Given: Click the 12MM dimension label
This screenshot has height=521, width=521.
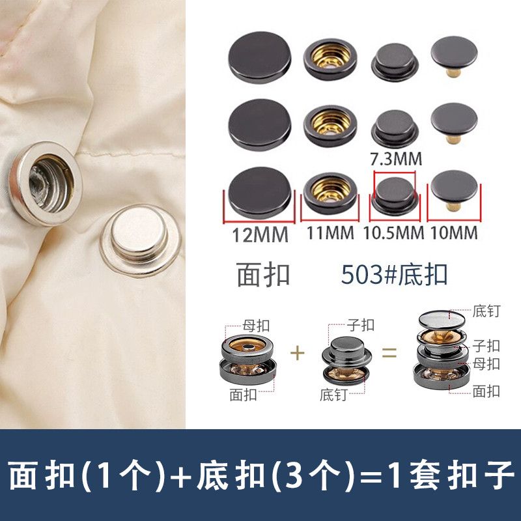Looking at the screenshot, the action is pos(260,235).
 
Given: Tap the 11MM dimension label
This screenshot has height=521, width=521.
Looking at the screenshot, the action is pos(330,232).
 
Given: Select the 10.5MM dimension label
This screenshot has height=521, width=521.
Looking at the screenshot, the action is pos(394,232).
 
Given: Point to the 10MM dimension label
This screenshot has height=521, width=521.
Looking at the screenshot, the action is pos(454,232).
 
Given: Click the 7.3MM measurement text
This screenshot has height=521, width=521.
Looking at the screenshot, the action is pos(396,158).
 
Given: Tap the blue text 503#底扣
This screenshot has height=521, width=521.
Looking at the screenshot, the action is pos(394,274).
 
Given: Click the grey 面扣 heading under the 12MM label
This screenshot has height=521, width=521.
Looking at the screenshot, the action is pos(263,274).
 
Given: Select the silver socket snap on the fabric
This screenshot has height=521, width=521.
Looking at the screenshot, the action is pos(46,183).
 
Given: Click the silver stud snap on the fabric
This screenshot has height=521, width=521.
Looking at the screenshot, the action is pos(140,240).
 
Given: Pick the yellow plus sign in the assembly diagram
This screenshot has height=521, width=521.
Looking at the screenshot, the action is pos(298,353).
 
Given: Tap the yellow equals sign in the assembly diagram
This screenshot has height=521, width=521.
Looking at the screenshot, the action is pos(389,352).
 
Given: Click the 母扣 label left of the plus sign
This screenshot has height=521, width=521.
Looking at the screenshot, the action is pos(256,326).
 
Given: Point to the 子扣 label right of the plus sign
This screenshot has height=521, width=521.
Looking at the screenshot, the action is pos(361,325).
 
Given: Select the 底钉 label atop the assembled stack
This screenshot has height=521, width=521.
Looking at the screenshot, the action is pos(486,311).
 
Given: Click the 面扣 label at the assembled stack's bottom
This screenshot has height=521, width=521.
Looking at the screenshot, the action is pos(486,391).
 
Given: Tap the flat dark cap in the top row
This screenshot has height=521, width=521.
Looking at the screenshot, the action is pos(259,57).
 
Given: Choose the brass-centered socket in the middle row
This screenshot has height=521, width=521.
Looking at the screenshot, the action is pos(330,125).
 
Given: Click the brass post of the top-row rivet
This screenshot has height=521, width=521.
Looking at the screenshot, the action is pos(453,72).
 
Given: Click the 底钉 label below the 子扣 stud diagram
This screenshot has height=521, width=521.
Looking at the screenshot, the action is pos(333,395).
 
